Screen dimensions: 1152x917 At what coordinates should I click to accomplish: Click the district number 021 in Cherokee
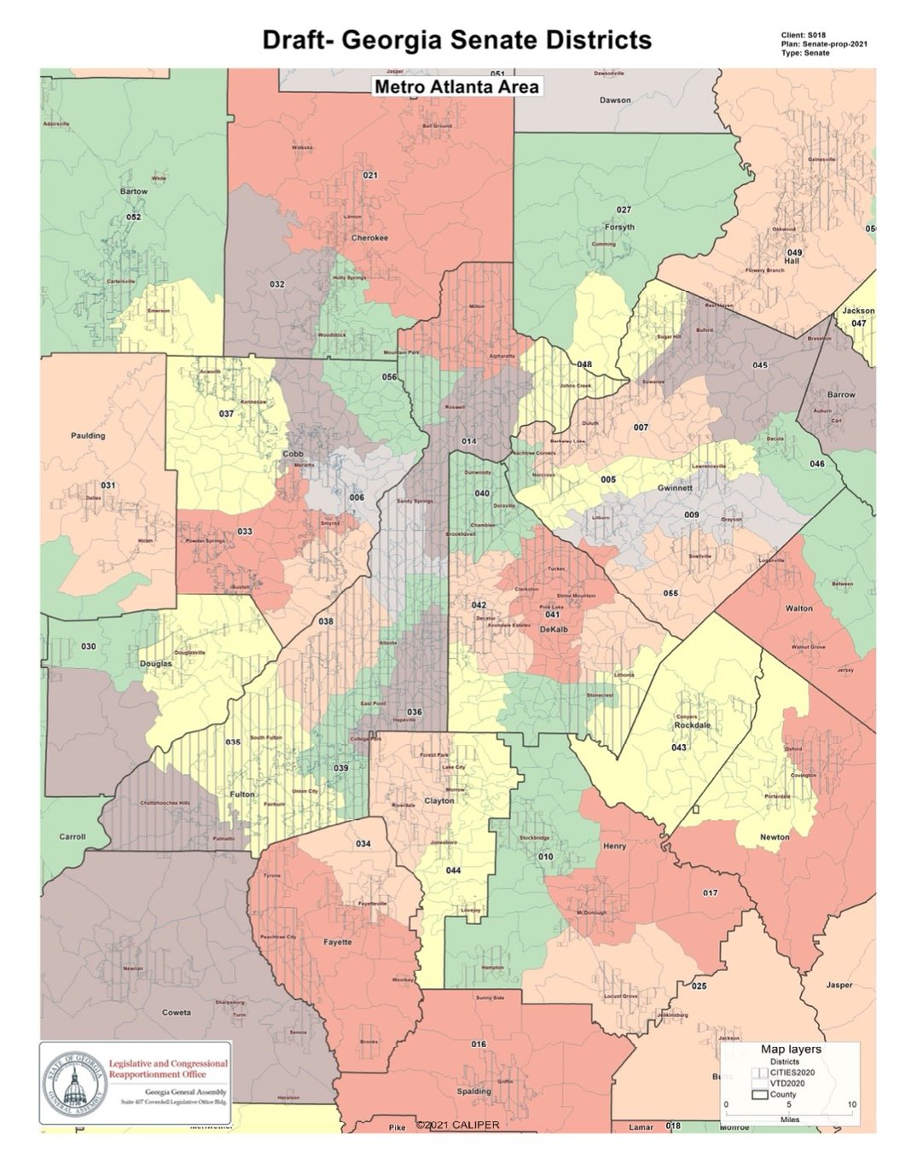tap(370, 176)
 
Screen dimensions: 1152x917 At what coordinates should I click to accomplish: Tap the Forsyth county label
tap(619, 227)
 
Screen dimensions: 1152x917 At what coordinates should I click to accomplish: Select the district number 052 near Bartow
tap(133, 217)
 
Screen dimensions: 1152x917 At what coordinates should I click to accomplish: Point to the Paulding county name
tap(88, 435)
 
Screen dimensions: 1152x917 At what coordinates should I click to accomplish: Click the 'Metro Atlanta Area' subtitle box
tap(457, 86)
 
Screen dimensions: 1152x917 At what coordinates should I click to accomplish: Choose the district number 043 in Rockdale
tap(678, 748)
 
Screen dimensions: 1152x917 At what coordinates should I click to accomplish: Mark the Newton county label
tap(775, 837)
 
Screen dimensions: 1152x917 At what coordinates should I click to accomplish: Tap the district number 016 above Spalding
tap(479, 1044)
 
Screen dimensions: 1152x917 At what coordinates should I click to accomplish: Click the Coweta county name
tap(177, 1013)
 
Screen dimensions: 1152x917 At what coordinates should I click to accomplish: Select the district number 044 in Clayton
tap(453, 870)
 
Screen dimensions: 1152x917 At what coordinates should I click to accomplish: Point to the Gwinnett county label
tap(675, 488)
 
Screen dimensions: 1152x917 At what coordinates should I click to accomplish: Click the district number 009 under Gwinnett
tap(691, 515)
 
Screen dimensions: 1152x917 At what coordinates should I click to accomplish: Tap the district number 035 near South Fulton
tap(232, 742)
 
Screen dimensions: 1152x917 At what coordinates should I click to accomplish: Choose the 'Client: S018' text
tap(803, 35)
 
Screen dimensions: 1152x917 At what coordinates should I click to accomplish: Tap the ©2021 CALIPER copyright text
tap(458, 1125)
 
